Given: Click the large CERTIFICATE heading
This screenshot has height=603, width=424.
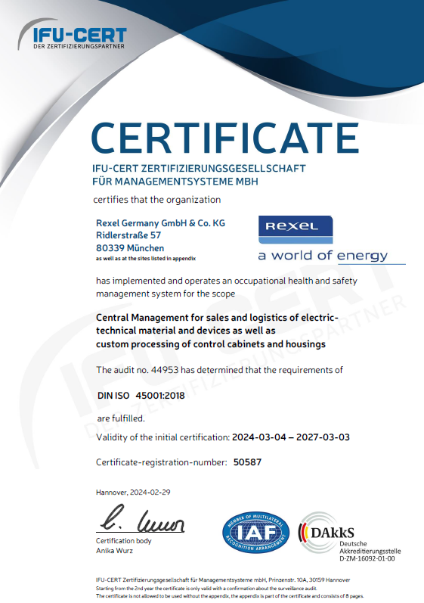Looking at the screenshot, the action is [224, 138].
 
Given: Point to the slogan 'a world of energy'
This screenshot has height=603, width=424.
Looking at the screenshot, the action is [323, 255].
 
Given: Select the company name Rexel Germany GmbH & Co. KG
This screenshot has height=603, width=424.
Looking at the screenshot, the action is [160, 223].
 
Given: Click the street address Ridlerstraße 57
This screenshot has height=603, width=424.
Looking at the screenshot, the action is [128, 236].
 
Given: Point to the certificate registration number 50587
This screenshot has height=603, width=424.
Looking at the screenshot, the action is [249, 462].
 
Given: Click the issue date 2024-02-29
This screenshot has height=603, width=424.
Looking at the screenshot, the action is [151, 492].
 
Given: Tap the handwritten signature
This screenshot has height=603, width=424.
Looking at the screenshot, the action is [140, 523].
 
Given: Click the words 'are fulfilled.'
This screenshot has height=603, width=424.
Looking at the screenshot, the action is [119, 418].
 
